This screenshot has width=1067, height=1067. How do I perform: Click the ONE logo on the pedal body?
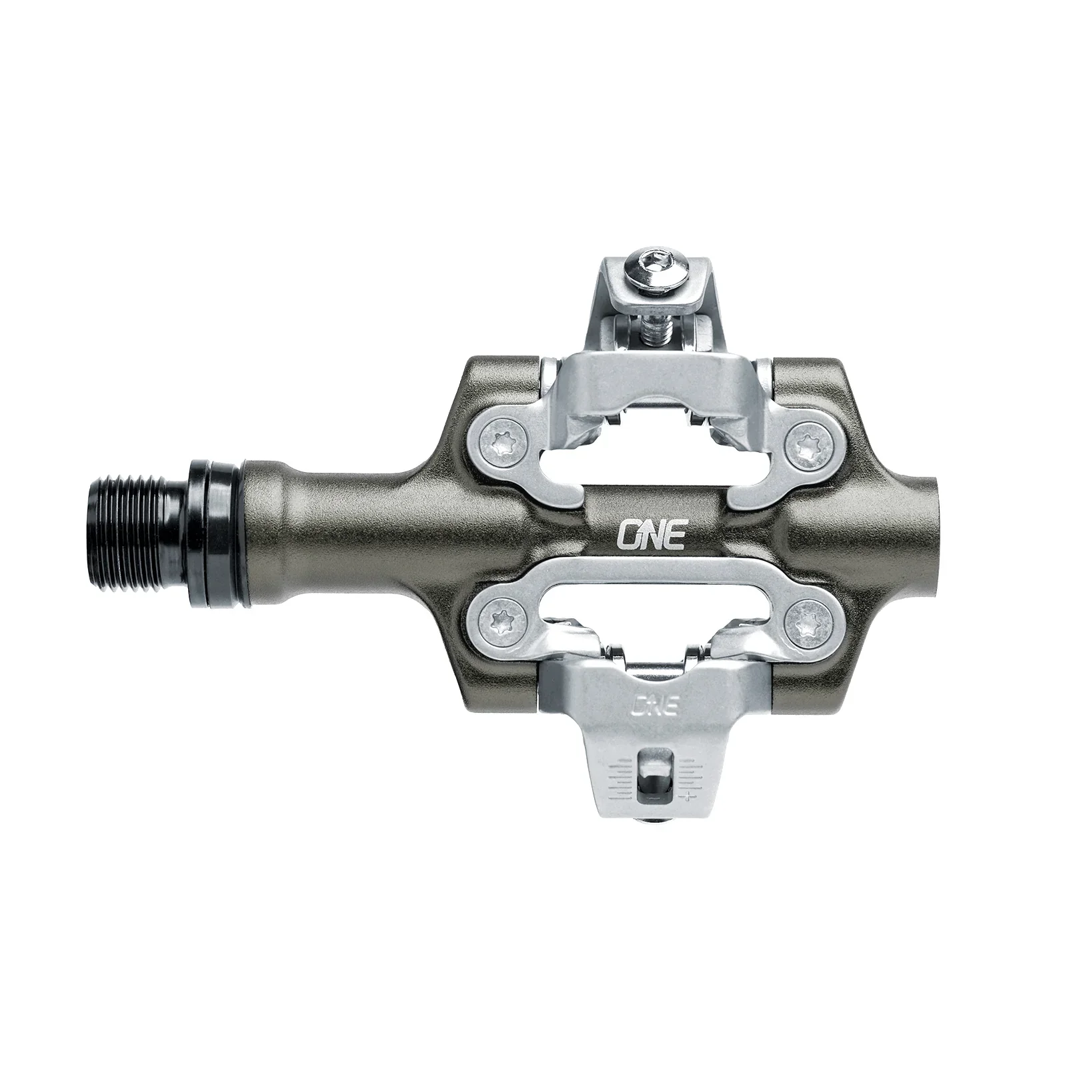tap(651, 516)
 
